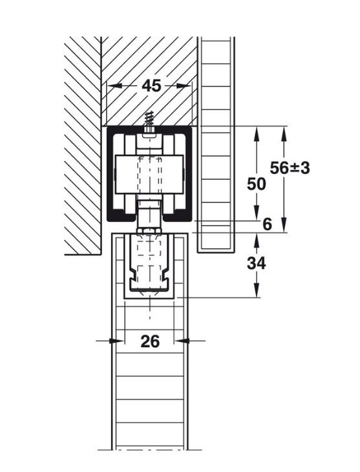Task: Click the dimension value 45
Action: coord(151,86)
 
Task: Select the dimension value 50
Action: coord(257,184)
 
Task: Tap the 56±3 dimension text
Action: coord(290,167)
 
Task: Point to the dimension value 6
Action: coord(268,224)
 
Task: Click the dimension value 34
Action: coord(257,263)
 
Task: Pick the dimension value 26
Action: coord(150,341)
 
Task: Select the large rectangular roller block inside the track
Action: coord(149,174)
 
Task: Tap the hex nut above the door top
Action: coord(149,230)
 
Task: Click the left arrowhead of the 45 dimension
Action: coord(114,86)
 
